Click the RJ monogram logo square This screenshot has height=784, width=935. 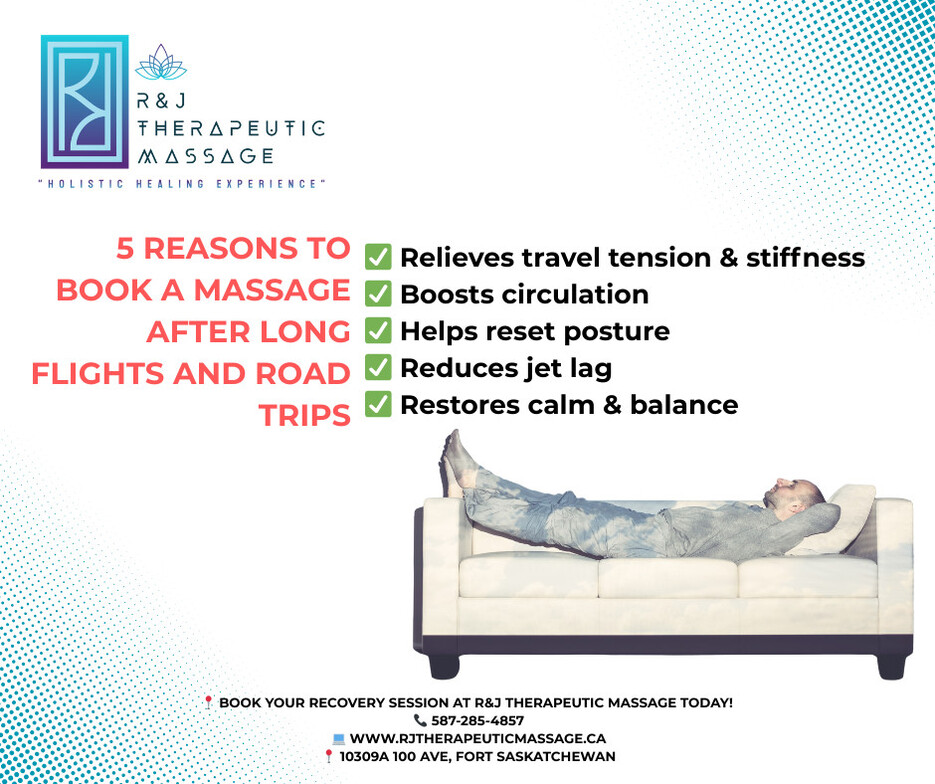click(x=85, y=101)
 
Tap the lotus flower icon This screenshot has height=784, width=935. click(x=161, y=63)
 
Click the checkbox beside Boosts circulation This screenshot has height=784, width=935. click(x=378, y=294)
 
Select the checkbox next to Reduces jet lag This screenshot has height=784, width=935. click(x=378, y=367)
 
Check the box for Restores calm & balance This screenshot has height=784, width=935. click(x=378, y=404)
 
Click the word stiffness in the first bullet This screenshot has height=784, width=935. click(x=806, y=258)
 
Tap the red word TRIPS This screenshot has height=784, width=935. click(x=304, y=416)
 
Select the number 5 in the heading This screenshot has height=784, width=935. click(x=125, y=249)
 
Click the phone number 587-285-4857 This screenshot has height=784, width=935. click(x=478, y=720)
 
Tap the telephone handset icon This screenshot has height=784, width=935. click(x=420, y=720)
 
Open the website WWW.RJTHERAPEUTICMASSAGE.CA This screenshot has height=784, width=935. click(x=478, y=739)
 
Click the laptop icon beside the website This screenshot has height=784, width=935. click(x=339, y=739)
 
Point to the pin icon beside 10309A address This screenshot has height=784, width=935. click(x=328, y=757)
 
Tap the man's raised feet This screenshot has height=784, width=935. click(x=456, y=460)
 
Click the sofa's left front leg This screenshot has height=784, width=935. click(x=444, y=665)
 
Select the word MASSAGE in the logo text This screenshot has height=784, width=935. click(x=206, y=156)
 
